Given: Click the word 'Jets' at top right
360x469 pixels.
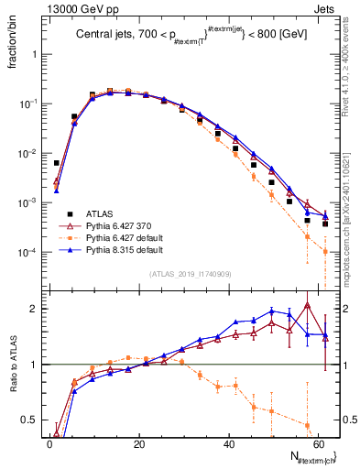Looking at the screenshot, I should (326, 7).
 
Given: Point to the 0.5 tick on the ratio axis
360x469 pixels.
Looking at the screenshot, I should (32, 420).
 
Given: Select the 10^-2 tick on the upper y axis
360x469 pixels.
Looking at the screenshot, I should (27, 153).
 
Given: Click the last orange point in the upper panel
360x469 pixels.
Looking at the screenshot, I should (325, 251).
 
